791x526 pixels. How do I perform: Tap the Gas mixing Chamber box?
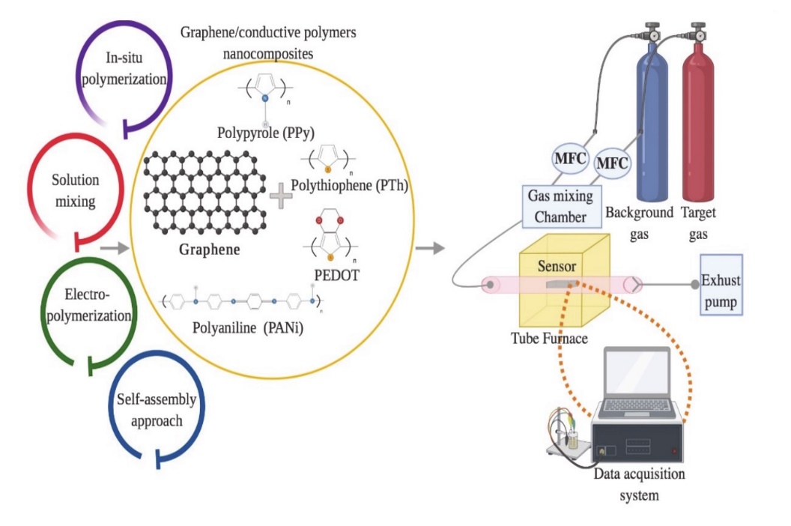561,206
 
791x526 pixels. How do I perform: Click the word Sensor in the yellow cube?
557,266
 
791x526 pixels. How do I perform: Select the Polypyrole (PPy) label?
266,133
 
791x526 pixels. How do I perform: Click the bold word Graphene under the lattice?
209,250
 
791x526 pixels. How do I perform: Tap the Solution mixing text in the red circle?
76,190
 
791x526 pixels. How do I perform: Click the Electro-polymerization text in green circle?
89,306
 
